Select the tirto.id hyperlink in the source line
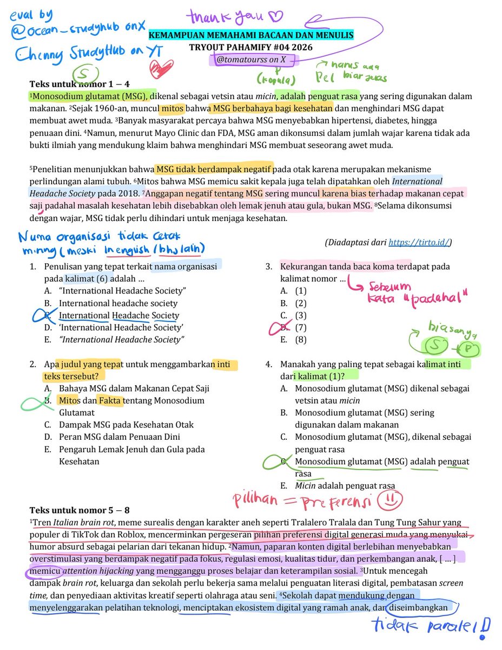tap(419, 243)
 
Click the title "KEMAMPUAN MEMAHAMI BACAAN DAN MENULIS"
tap(251, 36)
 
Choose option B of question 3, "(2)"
tap(300, 303)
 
